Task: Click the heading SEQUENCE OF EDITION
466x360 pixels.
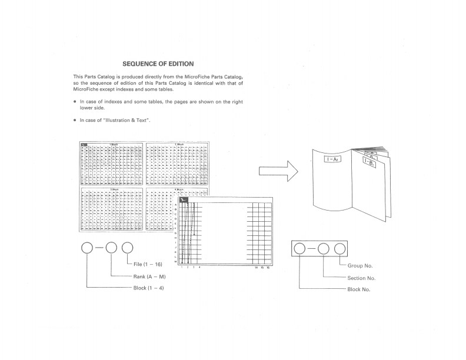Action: [x=158, y=63]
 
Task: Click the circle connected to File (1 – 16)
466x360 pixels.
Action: [x=128, y=249]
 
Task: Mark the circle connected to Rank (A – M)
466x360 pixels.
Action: [x=112, y=249]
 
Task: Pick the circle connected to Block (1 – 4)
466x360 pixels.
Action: [x=86, y=249]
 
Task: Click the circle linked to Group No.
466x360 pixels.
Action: [x=339, y=250]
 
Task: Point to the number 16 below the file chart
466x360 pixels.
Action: [x=268, y=267]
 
